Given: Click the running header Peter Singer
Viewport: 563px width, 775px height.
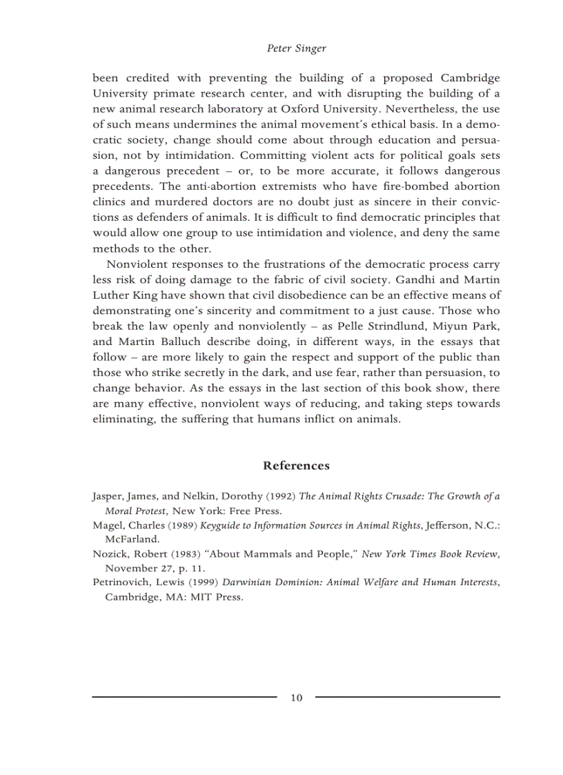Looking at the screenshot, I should click(x=296, y=48).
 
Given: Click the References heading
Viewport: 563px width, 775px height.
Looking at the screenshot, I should click(x=296, y=466).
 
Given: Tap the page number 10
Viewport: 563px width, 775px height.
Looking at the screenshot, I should click(x=296, y=698).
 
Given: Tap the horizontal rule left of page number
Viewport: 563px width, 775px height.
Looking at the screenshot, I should click(x=184, y=698).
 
